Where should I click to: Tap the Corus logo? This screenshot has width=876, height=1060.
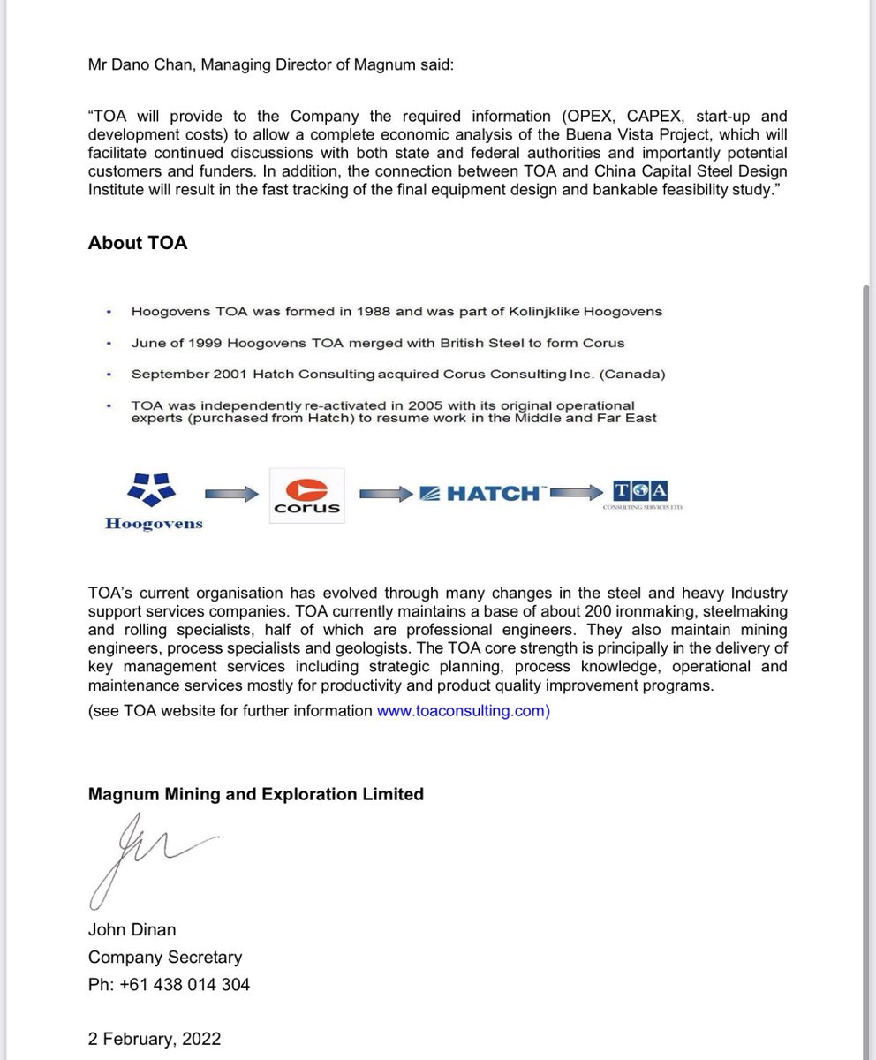306,496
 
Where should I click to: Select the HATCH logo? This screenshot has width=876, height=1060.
481,494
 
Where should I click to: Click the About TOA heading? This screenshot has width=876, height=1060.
138,243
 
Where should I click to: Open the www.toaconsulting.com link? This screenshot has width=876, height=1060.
463,711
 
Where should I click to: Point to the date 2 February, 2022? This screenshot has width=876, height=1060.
155,1039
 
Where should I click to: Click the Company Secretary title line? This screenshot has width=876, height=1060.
164,957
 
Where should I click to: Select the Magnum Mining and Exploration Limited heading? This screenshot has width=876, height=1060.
255,794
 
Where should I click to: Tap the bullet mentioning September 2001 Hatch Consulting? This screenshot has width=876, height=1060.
397,374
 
